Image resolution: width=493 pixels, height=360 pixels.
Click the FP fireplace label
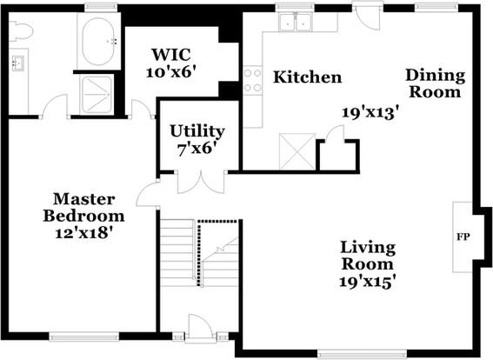click(463, 237)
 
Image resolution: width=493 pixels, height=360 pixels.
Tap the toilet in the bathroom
click(21, 30)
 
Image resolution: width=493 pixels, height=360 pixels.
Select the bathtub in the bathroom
click(98, 41)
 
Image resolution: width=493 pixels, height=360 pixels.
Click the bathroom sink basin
click(18, 63)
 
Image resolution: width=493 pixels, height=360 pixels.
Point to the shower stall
click(96, 94)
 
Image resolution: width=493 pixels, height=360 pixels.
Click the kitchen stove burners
click(252, 80)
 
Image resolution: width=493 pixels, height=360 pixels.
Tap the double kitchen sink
click(296, 22)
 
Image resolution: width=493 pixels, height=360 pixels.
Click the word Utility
click(197, 131)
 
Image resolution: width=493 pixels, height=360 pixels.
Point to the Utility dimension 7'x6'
click(197, 149)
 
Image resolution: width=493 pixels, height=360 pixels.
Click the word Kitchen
click(307, 77)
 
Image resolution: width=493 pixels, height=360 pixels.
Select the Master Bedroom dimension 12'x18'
click(83, 233)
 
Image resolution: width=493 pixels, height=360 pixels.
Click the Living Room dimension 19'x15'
click(367, 282)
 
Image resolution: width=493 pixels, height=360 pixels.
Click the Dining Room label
click(435, 83)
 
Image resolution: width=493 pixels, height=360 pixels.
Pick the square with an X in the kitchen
click(297, 152)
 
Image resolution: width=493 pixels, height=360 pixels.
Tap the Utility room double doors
click(201, 182)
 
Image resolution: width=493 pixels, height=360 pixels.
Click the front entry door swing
click(197, 327)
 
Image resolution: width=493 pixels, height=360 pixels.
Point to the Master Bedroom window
click(84, 337)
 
